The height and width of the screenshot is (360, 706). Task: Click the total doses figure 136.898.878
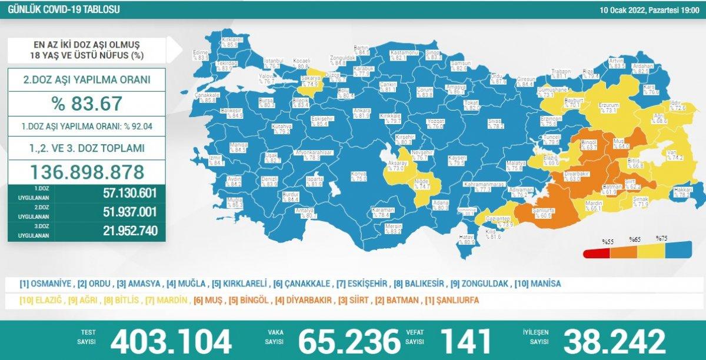[x=86, y=172]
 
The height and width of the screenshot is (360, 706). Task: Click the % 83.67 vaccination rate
[x=86, y=104]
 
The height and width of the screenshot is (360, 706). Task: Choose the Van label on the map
[x=674, y=155]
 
